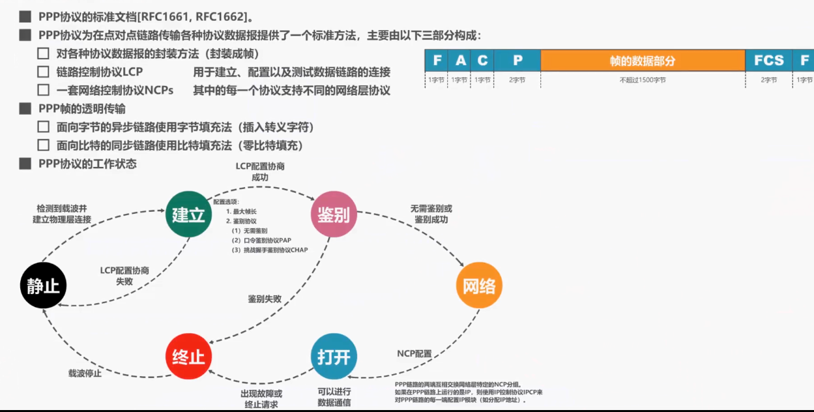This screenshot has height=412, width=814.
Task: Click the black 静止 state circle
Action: (44, 286)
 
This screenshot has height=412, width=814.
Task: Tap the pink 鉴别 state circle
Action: (333, 214)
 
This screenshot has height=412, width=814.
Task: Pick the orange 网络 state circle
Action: (479, 286)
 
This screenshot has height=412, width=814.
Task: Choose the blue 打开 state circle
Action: (334, 357)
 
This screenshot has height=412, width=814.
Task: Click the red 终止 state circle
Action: (189, 357)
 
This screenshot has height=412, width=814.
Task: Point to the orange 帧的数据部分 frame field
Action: (642, 61)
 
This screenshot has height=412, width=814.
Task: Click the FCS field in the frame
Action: (769, 61)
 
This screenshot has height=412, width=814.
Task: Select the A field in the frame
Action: (461, 61)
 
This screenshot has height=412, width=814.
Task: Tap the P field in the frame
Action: (517, 61)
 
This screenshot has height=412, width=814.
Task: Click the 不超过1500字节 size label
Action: (642, 80)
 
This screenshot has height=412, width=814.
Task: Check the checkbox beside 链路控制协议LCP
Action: (43, 72)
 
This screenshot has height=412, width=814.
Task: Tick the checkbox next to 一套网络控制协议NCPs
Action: (43, 90)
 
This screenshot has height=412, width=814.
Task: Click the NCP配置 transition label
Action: (414, 354)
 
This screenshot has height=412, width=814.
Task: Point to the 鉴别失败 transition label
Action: (265, 299)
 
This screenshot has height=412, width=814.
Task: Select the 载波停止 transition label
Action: (85, 374)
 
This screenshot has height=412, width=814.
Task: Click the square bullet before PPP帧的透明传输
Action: (25, 109)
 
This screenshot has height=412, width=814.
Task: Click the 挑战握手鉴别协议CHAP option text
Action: (274, 250)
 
